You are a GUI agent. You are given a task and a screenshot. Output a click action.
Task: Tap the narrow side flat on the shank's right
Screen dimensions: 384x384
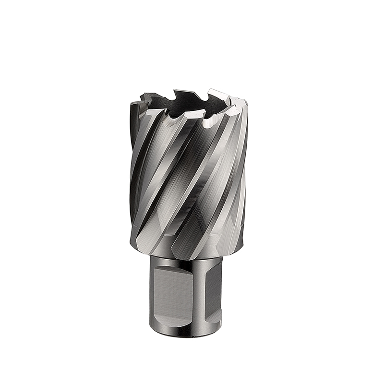pos(213,293)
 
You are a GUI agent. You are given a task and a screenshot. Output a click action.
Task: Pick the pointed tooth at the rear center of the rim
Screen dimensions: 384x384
pos(181,93)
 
